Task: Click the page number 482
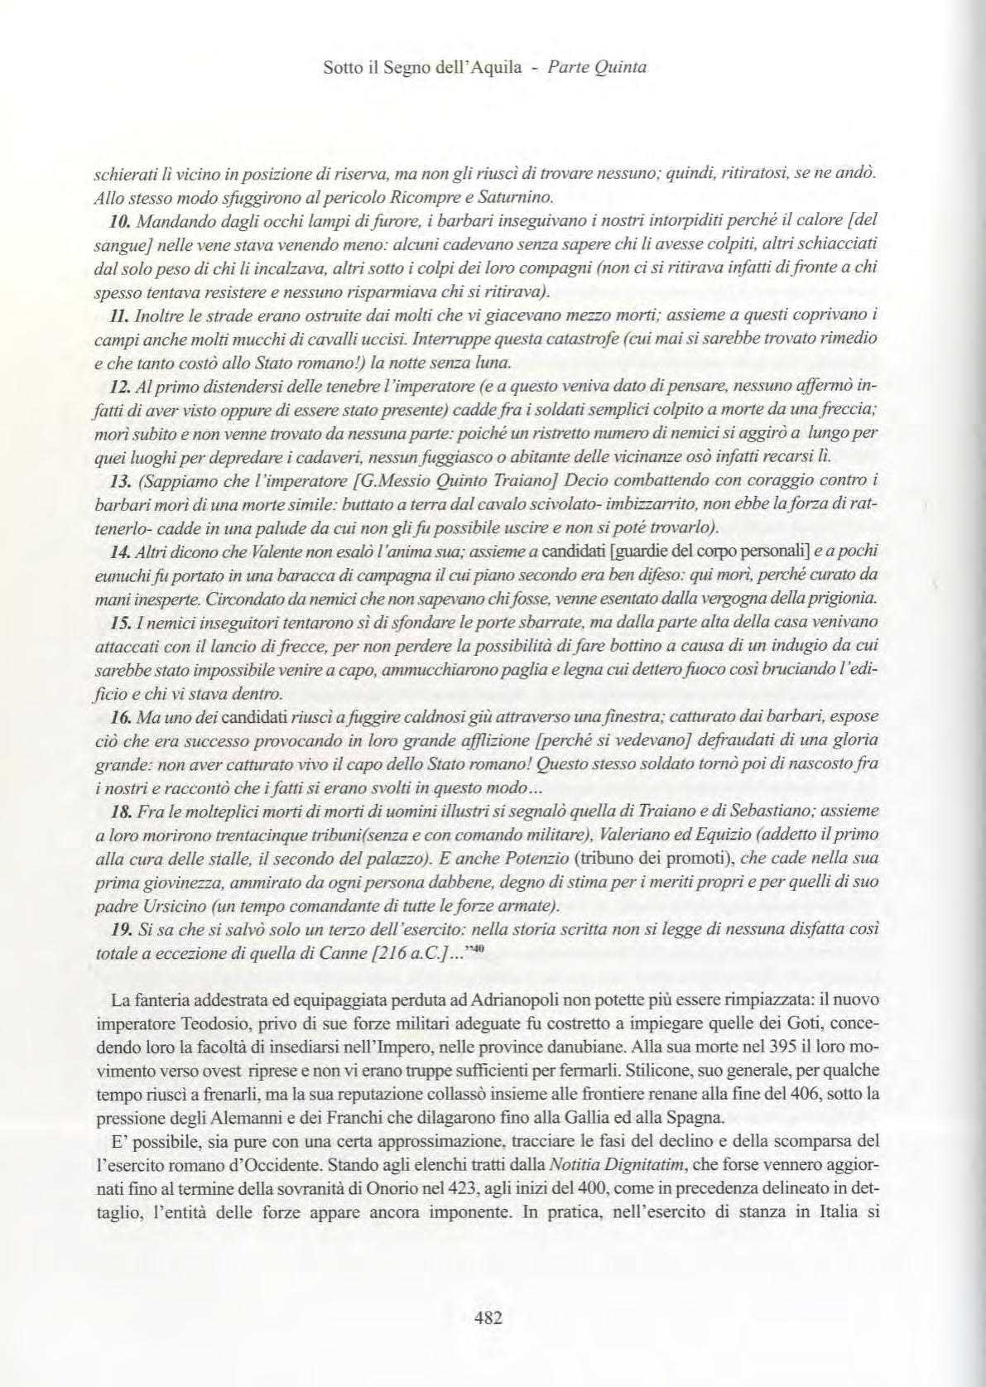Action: tap(488, 1318)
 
